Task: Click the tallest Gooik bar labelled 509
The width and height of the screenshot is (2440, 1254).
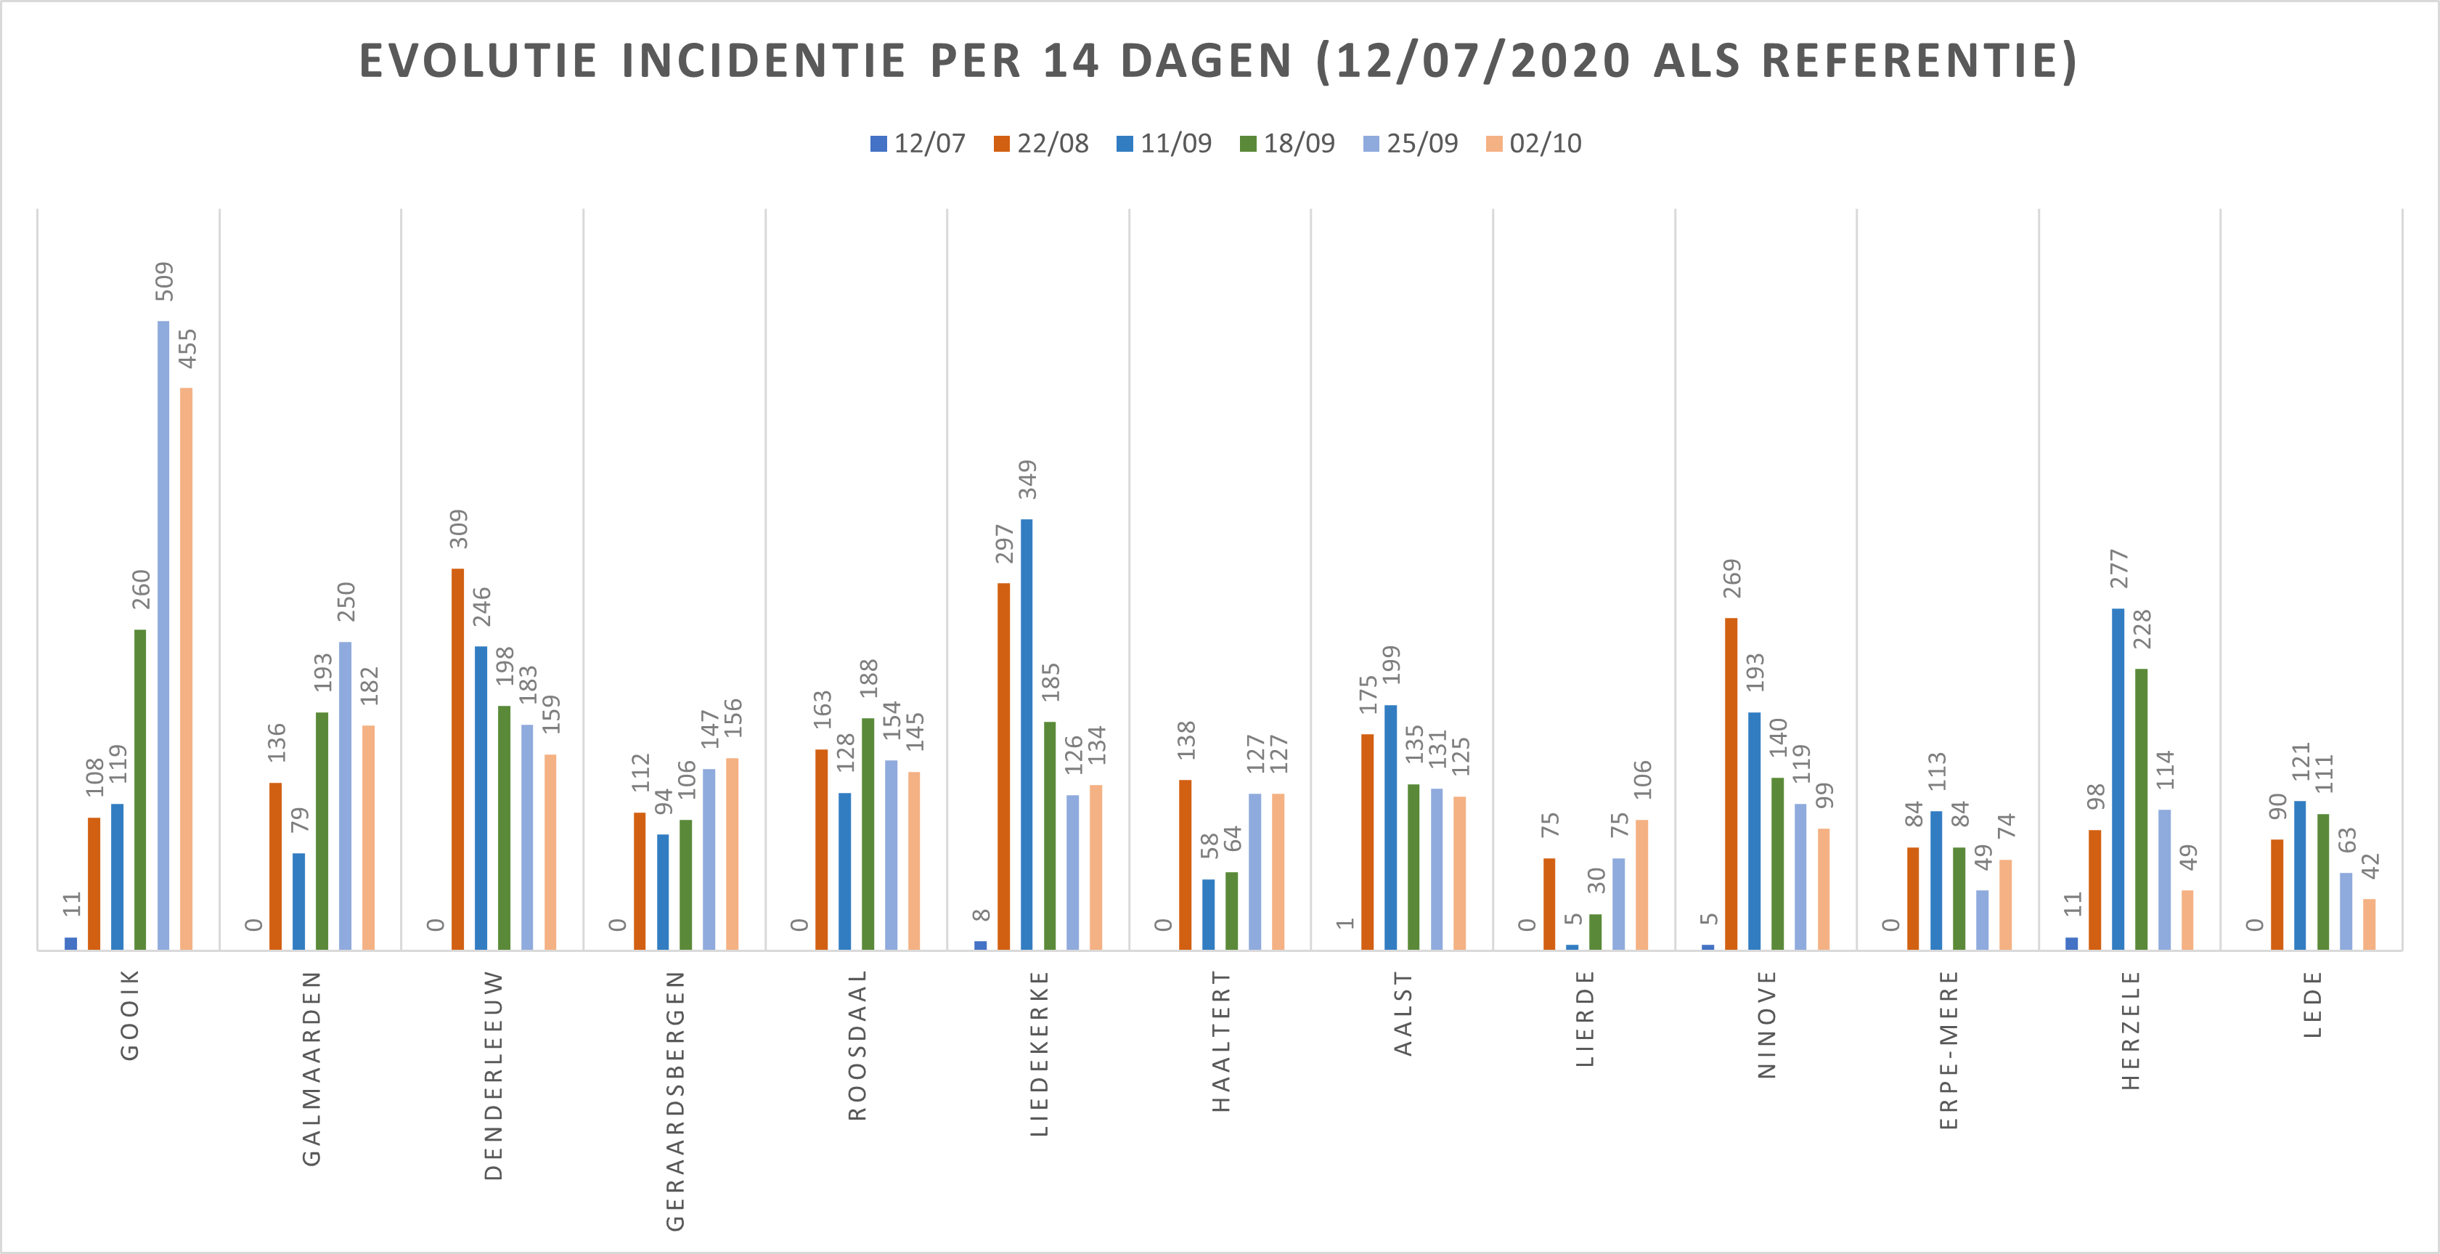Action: pos(163,635)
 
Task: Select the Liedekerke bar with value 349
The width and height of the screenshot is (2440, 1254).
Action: pos(1027,734)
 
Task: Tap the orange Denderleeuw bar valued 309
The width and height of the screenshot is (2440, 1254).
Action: pos(457,759)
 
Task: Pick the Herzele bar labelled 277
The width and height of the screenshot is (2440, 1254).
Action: pos(2118,778)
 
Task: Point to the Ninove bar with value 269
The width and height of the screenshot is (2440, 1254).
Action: pos(1731,783)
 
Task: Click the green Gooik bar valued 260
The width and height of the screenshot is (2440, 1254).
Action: pos(140,789)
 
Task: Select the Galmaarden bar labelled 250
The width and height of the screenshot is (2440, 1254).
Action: pos(345,796)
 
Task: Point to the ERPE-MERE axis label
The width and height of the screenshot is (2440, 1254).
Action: pos(1949,1049)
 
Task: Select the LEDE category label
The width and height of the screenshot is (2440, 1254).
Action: pos(2312,1004)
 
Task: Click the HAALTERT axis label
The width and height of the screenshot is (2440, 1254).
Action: pos(1221,1040)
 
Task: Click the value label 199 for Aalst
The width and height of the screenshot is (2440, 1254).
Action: pos(1390,665)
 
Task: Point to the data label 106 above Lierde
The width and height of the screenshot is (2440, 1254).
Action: pos(1641,780)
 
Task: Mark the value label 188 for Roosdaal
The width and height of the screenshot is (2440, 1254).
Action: pos(868,678)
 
